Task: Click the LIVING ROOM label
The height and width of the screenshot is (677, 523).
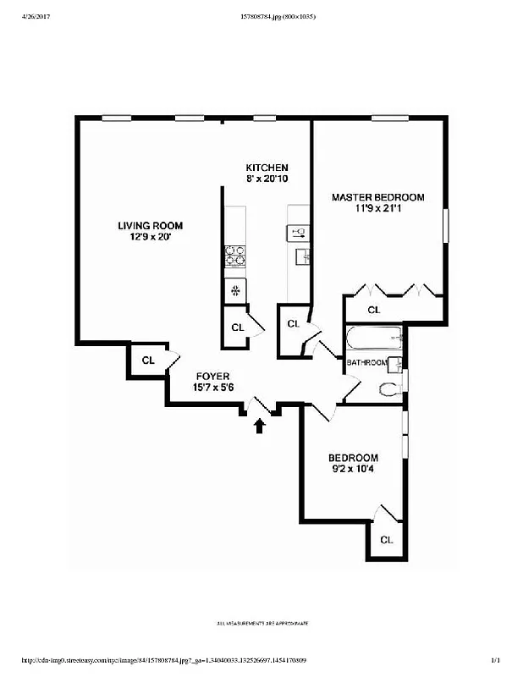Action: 150,225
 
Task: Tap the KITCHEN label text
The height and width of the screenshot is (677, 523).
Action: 267,168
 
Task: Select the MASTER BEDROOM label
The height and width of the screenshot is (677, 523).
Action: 377,197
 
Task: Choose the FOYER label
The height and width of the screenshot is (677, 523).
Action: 212,377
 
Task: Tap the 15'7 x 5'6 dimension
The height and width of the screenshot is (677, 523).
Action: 212,388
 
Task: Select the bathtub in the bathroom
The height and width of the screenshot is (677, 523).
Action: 372,340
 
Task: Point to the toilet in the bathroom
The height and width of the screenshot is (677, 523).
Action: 389,389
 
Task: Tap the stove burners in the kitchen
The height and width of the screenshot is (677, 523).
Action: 234,256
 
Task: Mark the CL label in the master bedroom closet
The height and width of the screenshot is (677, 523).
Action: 373,311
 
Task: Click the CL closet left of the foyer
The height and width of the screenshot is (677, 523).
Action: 148,361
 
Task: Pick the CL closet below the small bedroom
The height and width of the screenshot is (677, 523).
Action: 386,540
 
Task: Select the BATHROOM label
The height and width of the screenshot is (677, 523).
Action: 366,363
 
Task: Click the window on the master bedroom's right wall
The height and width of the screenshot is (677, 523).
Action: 446,227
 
